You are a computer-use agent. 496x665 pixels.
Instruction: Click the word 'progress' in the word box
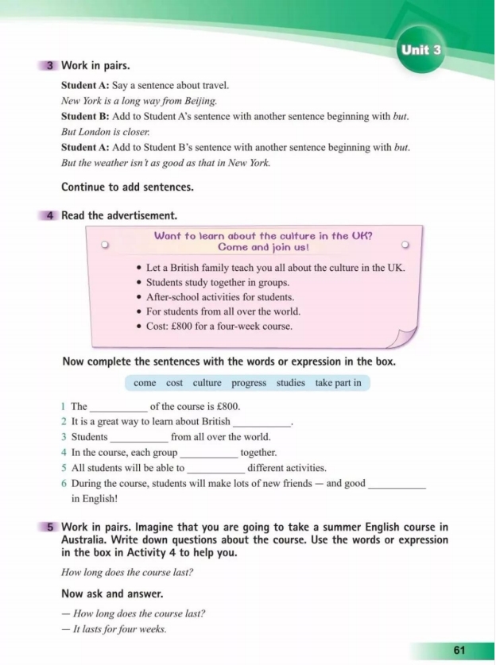(249, 383)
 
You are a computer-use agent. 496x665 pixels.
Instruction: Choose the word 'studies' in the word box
(290, 383)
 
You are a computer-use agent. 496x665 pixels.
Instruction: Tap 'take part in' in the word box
(338, 383)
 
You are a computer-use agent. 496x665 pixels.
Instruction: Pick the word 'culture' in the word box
(207, 383)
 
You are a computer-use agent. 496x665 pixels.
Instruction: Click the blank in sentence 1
(118, 408)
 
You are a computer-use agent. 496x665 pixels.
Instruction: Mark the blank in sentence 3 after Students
(139, 438)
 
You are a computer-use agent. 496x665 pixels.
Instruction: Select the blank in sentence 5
(215, 469)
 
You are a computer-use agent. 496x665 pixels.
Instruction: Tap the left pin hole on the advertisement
(104, 245)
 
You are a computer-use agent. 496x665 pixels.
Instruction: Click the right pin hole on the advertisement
(405, 245)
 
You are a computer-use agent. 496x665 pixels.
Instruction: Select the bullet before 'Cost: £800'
(139, 327)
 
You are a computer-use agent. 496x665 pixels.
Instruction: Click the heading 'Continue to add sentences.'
(127, 188)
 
